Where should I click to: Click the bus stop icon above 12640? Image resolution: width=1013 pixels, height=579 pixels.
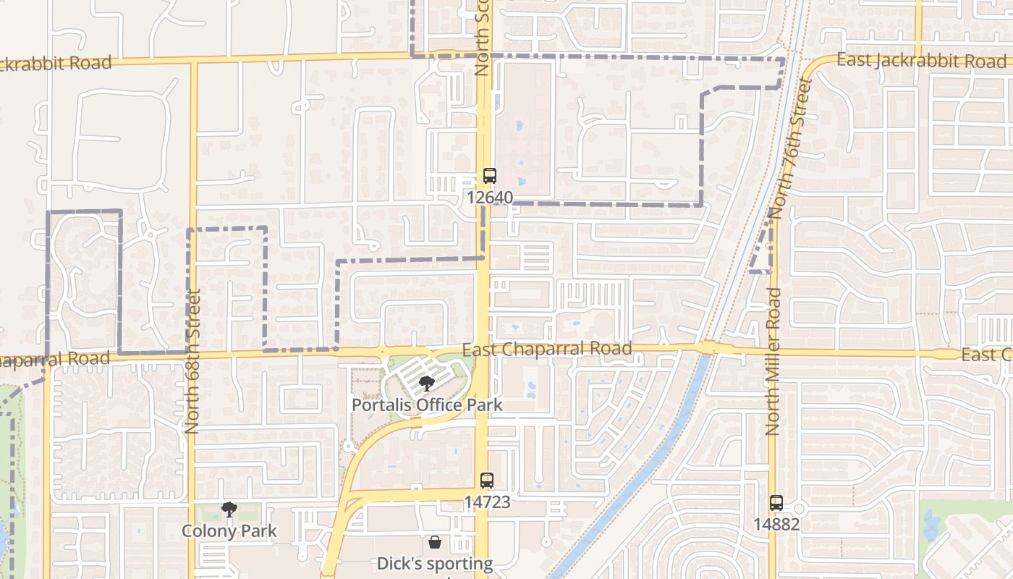490,175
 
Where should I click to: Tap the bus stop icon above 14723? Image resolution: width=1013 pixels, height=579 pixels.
487,480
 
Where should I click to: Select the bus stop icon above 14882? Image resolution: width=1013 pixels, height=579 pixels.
776,502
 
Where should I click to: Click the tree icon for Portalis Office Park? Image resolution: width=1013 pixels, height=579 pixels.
426,384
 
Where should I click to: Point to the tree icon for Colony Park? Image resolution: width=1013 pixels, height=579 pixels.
229,510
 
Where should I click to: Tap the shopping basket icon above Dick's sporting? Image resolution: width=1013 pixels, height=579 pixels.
435,541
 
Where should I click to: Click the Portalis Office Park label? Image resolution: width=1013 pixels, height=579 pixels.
426,404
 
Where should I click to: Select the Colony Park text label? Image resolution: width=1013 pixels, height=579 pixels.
229,531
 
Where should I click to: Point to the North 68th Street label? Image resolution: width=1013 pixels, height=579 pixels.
192,362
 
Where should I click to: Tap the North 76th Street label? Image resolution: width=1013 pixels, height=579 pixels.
788,148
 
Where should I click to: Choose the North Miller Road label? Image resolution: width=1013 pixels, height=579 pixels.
773,362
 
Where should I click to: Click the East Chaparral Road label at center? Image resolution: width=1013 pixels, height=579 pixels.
546,349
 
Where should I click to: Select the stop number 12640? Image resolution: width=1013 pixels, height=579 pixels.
490,197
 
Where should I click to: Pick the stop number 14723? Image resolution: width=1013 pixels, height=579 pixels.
487,502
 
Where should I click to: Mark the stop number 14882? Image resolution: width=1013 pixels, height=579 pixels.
776,524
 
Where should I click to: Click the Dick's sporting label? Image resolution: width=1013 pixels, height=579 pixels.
435,563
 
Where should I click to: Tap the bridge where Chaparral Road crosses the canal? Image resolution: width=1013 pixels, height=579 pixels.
707,348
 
